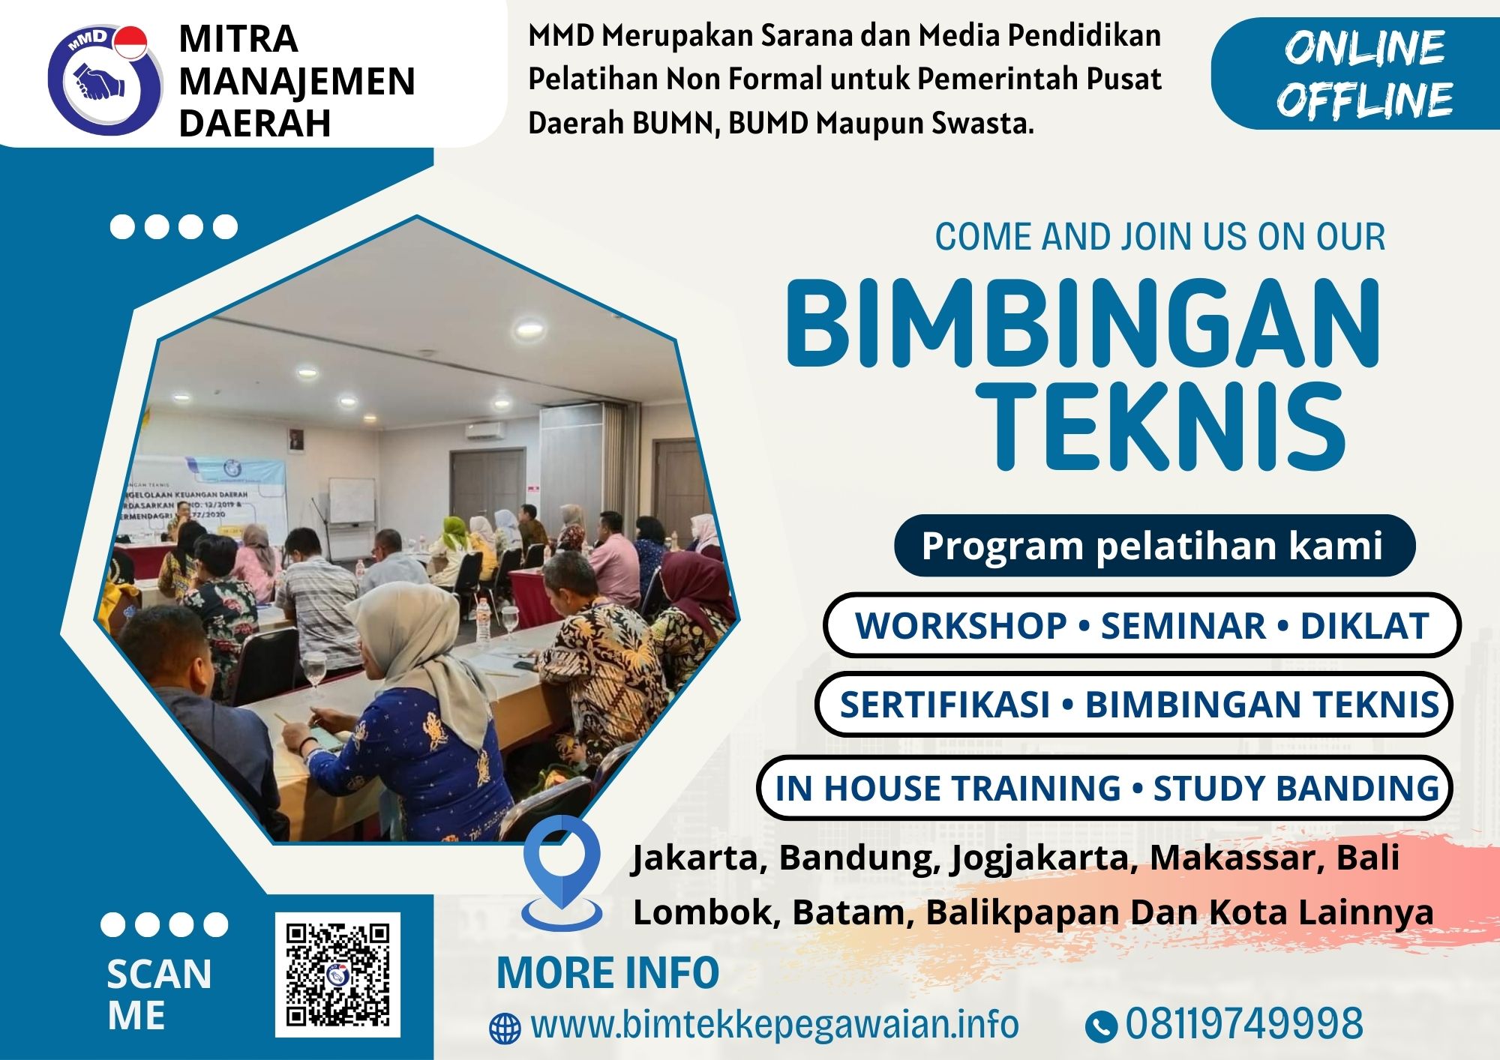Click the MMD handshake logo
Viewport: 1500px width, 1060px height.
[x=104, y=79]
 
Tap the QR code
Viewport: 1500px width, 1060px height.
[x=337, y=975]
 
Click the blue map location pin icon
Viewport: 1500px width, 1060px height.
[x=562, y=870]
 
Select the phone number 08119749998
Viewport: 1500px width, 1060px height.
[x=1243, y=1024]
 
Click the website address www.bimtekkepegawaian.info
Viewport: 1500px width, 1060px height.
[x=774, y=1025]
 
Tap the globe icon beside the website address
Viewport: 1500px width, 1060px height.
[x=505, y=1029]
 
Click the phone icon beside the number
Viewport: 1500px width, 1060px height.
[x=1100, y=1026]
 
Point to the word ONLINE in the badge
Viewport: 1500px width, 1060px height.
[x=1364, y=48]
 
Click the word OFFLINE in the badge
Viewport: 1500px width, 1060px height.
[x=1364, y=100]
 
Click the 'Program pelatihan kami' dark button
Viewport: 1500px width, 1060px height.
[x=1153, y=545]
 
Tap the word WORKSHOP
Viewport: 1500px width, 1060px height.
[x=961, y=626]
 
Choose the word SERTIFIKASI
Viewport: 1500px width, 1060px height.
[x=944, y=705]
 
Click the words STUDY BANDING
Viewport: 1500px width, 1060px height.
[x=1296, y=789]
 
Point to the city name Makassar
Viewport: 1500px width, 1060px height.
[x=1236, y=858]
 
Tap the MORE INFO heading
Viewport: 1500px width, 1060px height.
[x=607, y=973]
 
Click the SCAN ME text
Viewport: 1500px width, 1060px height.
[x=159, y=995]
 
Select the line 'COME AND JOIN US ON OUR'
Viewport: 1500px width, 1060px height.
[x=1159, y=238]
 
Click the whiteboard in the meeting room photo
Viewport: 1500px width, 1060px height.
[x=352, y=499]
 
